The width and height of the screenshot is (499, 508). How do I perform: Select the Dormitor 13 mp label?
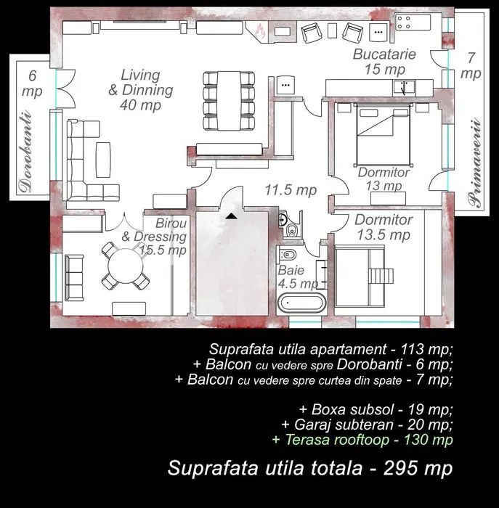coord(384,179)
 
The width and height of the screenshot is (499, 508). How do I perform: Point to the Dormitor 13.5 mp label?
coord(384,227)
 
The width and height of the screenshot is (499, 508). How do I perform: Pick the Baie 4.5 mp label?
coord(296,276)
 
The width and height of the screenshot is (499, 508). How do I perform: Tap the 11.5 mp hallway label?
coord(290,190)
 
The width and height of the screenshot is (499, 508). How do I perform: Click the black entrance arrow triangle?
coord(230,215)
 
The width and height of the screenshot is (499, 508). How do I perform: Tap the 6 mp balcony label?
coord(32,83)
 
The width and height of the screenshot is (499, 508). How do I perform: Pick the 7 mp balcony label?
coord(471,66)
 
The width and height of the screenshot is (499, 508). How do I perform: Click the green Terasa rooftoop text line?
coord(362,440)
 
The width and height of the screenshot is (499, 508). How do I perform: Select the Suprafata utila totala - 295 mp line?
coord(310,468)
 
